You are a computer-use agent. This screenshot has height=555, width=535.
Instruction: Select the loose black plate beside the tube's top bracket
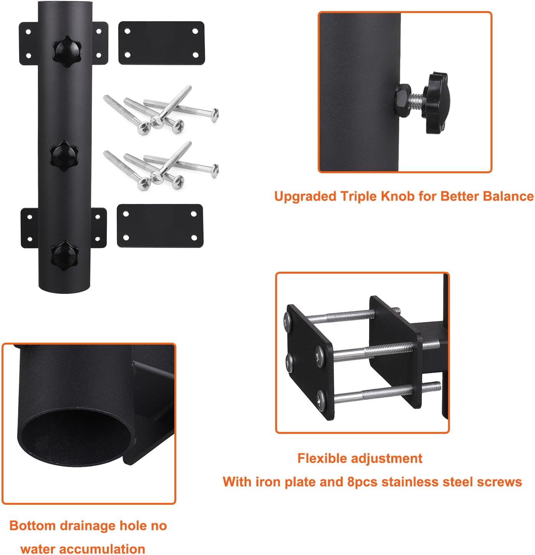(x=161, y=43)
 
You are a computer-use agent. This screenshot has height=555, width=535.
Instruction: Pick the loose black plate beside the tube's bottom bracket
(x=160, y=226)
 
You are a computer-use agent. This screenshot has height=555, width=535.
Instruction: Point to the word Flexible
(x=323, y=458)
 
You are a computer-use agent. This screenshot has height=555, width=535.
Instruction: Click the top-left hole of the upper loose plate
(x=128, y=31)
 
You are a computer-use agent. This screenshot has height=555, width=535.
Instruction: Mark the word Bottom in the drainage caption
(x=33, y=525)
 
